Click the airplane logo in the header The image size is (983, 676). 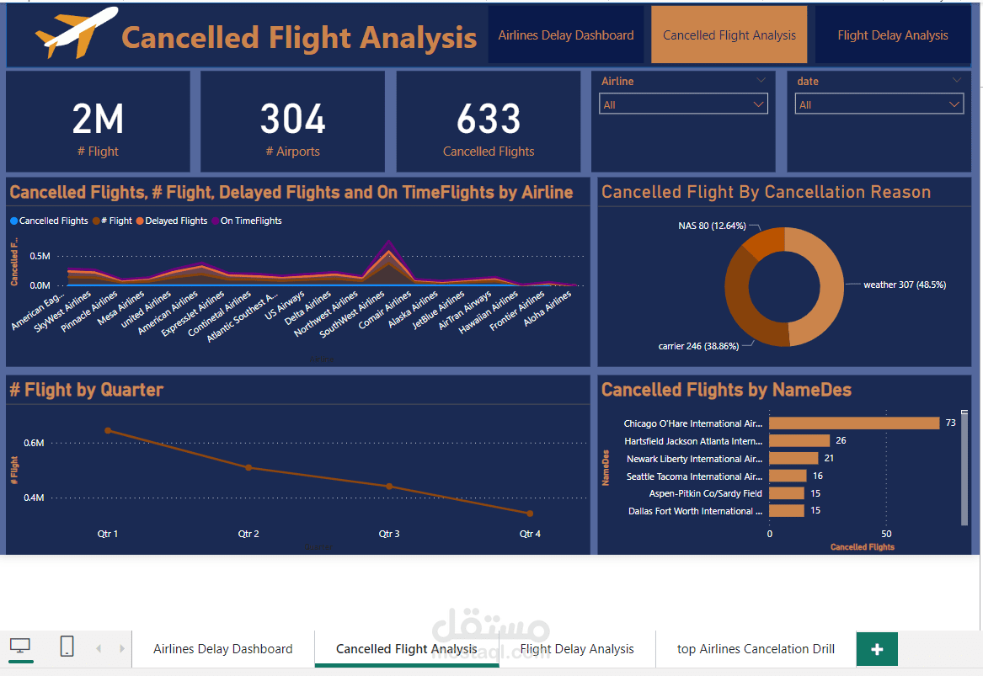coord(76,33)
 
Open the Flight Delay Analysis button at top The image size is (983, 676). coord(892,35)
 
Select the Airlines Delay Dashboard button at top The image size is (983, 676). coord(565,35)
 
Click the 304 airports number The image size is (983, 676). coord(292,120)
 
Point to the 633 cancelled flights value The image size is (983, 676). coord(489,120)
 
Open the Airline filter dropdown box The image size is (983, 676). coord(683,104)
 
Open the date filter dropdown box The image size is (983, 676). coord(879,104)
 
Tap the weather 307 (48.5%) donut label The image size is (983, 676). coord(904,285)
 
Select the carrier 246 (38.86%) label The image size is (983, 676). coord(697,346)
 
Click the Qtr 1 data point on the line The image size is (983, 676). coord(108,430)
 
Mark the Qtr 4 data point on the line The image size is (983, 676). coord(530,514)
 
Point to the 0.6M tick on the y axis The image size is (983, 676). coord(35,443)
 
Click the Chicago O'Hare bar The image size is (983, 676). coord(853,423)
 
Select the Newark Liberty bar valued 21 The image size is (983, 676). coord(793,459)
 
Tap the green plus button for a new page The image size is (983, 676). coord(877,649)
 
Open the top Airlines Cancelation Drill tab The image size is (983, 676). coord(756,649)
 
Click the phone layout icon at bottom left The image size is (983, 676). coord(67,647)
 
